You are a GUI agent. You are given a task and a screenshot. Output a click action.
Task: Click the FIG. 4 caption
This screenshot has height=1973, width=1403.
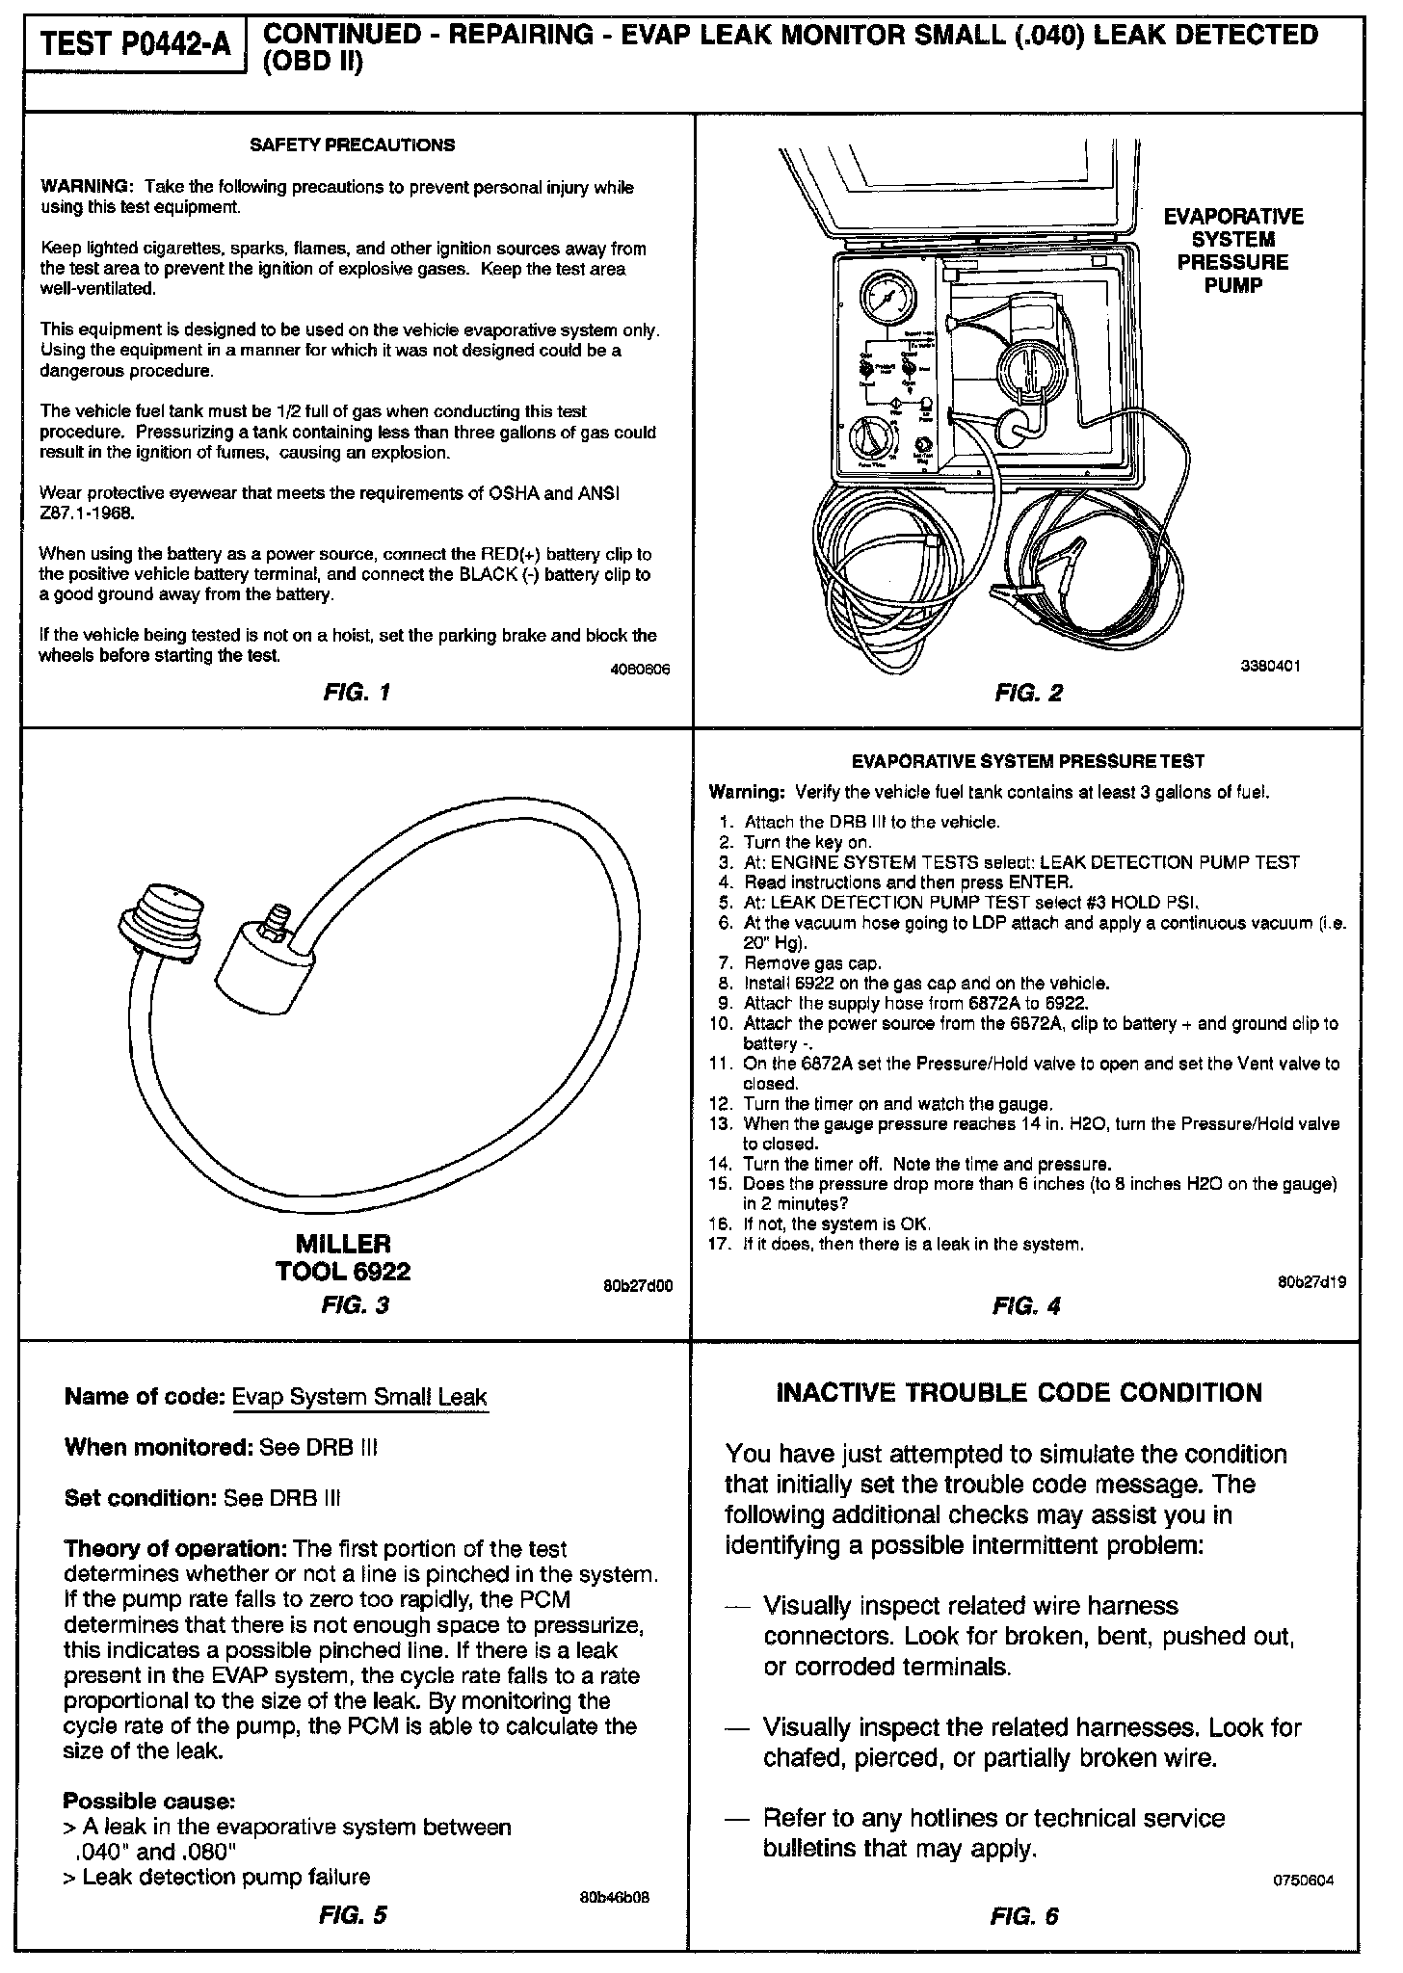pyautogui.click(x=1026, y=1306)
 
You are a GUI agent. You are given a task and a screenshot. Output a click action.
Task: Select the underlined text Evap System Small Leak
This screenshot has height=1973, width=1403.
pyautogui.click(x=360, y=1397)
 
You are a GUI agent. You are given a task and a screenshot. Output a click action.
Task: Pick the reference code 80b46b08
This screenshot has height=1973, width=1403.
pyautogui.click(x=614, y=1898)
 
